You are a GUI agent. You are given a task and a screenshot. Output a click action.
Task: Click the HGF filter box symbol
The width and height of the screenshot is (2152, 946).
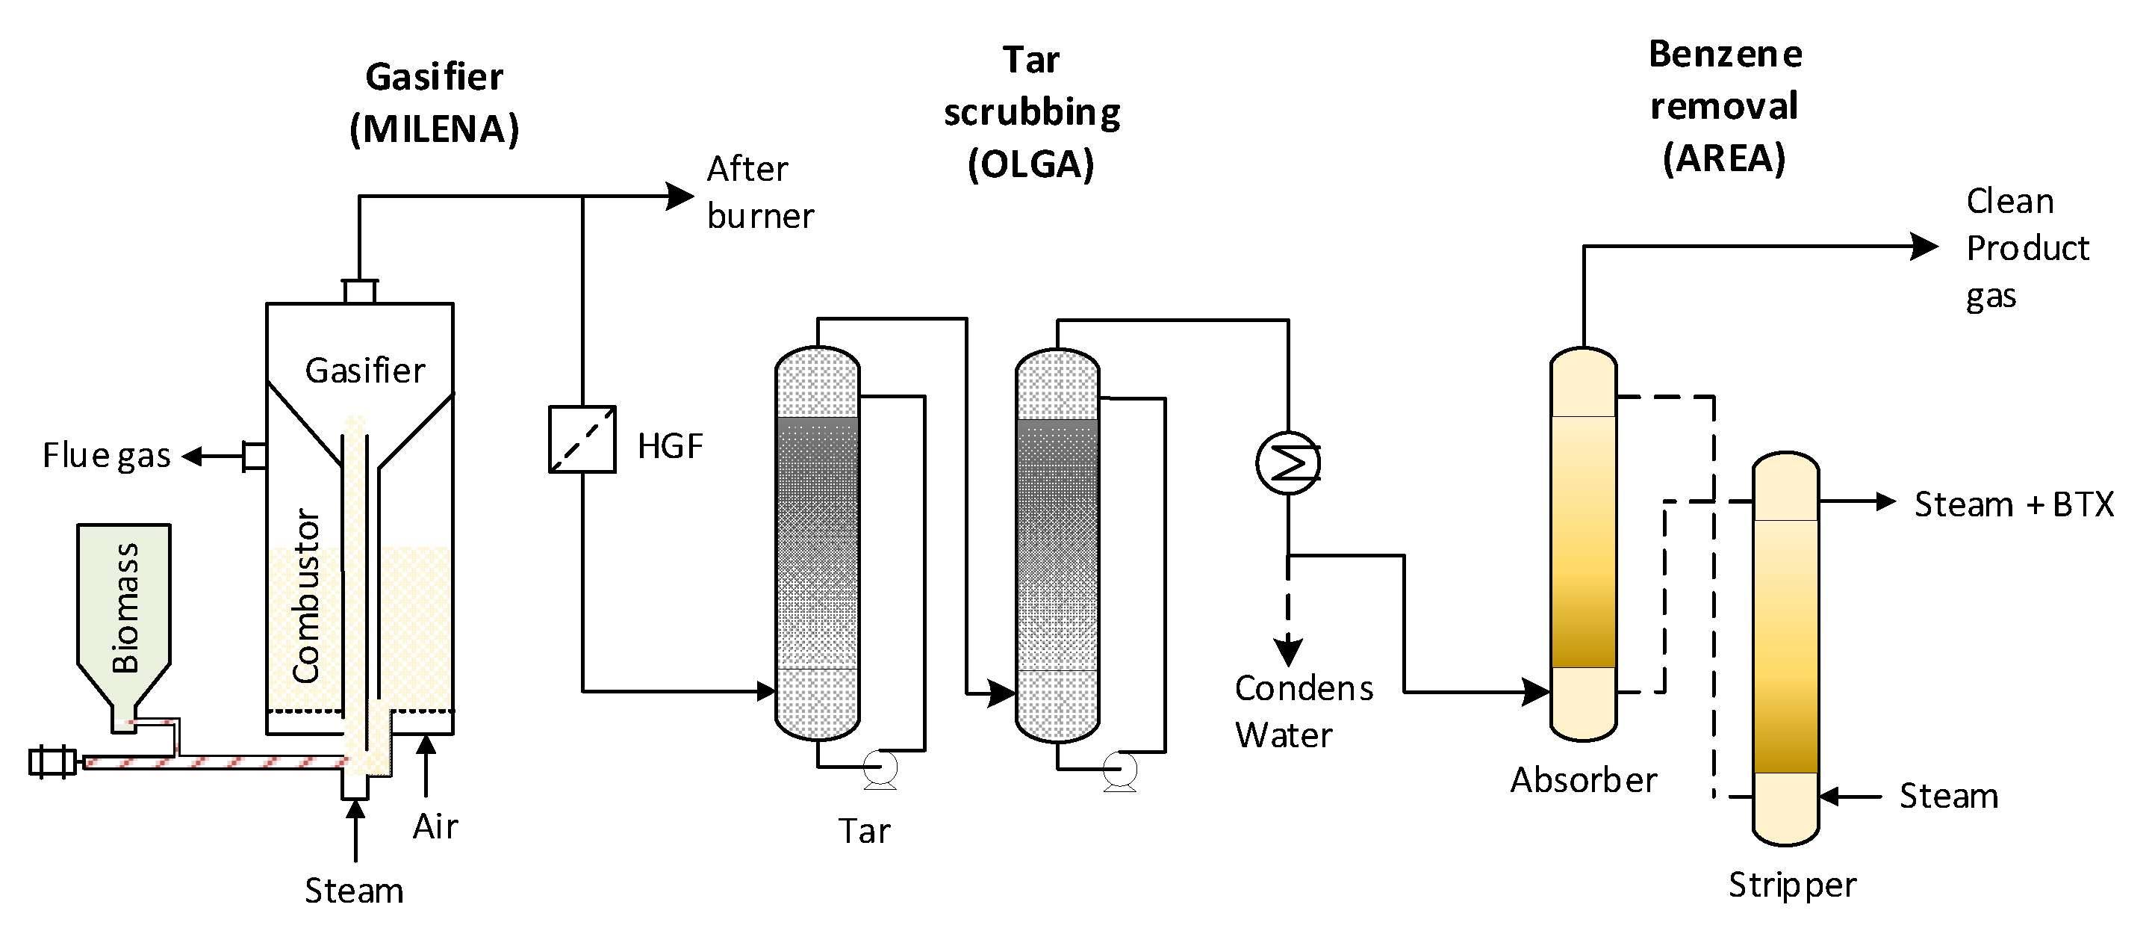[582, 439]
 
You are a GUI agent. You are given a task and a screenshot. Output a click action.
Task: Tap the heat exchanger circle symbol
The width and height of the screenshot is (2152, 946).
[1287, 462]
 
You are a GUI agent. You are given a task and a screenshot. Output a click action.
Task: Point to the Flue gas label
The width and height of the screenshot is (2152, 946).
[106, 457]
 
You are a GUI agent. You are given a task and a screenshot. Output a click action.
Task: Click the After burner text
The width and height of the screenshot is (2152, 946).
[759, 192]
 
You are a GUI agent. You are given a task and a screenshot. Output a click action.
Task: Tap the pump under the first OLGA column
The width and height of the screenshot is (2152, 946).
[880, 767]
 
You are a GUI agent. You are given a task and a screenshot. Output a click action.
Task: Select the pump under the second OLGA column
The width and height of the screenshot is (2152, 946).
[1119, 769]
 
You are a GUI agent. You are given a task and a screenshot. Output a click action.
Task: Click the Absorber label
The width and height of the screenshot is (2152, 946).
[1583, 781]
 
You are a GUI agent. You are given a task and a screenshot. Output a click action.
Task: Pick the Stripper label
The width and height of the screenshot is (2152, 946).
[1792, 885]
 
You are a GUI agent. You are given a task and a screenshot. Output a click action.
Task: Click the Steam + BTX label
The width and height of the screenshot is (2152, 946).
[2013, 504]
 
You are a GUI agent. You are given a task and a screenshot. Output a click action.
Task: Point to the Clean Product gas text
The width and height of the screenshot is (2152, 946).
[2026, 248]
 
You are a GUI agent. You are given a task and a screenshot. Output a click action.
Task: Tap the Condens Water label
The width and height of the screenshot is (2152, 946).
[1302, 711]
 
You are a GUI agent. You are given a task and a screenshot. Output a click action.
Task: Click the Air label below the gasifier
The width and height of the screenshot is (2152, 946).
[435, 826]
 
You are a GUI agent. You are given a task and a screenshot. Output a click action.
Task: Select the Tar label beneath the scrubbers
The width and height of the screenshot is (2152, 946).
[864, 832]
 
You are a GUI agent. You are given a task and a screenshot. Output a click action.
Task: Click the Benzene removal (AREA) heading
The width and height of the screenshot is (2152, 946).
[1724, 106]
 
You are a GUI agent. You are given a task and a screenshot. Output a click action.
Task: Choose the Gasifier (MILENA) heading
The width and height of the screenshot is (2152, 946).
[435, 103]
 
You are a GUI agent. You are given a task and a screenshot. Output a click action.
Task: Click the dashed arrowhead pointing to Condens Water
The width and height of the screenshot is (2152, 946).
[1287, 650]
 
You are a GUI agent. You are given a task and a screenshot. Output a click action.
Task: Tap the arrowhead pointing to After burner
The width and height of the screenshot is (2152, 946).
[680, 197]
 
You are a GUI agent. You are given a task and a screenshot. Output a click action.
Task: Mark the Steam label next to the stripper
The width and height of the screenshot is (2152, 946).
[1948, 797]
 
